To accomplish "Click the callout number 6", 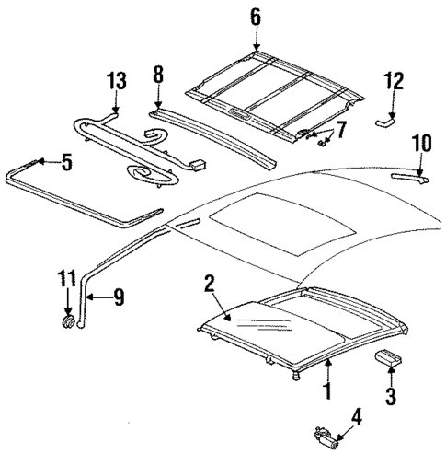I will pos(256,16).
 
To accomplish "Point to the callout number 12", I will pos(393,82).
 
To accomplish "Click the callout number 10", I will pos(421,142).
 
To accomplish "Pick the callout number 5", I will pos(65,164).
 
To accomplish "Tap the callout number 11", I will pos(66,275).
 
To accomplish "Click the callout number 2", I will pos(211,285).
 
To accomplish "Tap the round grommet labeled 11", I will pos(68,321).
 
